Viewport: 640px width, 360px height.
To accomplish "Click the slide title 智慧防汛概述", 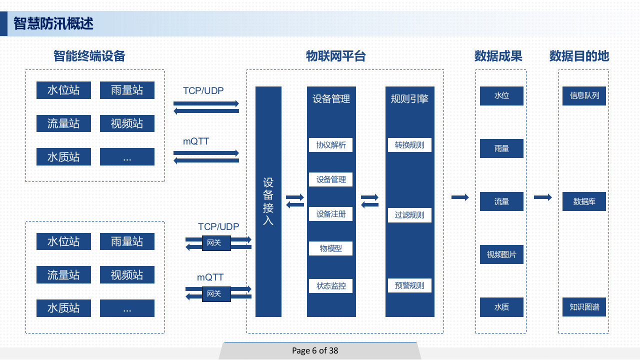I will click(53, 23).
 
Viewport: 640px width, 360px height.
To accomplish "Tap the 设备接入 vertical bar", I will click(268, 201).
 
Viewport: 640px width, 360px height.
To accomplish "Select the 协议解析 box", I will click(331, 145).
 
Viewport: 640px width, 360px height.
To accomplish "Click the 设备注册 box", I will click(331, 214).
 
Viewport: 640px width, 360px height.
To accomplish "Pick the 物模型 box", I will click(331, 248).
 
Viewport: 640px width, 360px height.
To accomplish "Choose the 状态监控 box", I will click(331, 286).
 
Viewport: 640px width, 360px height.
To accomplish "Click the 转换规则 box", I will click(409, 145).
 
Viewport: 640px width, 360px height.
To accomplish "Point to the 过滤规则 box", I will click(409, 215).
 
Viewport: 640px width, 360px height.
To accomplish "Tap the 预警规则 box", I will click(409, 285).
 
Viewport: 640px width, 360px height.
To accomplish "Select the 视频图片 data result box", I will click(501, 254).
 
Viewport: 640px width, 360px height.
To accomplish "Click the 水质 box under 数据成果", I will click(501, 307).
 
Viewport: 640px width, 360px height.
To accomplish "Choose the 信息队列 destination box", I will click(584, 95).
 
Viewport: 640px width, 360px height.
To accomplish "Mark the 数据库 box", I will click(584, 201).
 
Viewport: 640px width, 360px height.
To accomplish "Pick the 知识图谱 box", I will click(584, 307).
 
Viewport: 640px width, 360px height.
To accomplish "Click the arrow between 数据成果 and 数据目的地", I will click(542, 197).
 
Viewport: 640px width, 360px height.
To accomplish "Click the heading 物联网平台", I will click(336, 56).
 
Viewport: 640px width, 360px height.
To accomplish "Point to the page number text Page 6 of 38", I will click(315, 350).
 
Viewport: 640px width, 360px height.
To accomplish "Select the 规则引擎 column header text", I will click(409, 99).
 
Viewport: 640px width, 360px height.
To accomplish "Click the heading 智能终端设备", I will click(89, 56).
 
